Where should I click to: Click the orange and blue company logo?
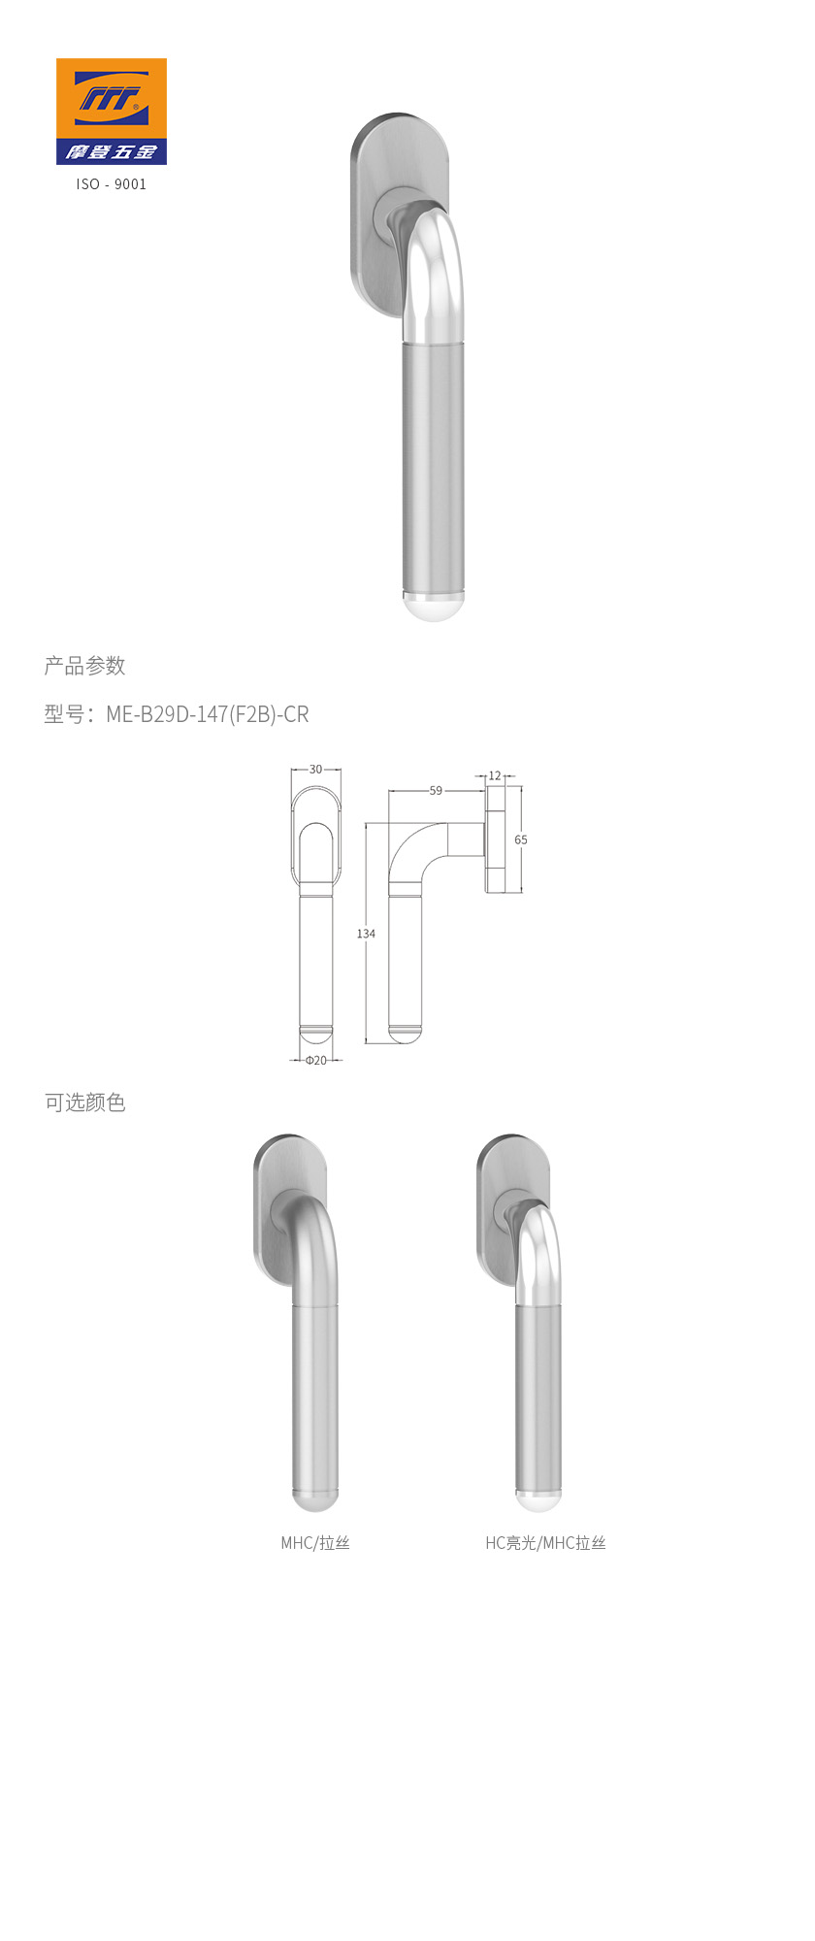[x=111, y=111]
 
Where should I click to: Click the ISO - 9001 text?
[x=112, y=184]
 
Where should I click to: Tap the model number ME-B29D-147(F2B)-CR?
[x=207, y=714]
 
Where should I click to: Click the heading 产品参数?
[x=85, y=666]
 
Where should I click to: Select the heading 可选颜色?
[x=85, y=1102]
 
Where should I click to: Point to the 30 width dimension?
[x=315, y=770]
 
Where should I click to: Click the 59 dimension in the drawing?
[x=436, y=791]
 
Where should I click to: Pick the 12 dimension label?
[x=495, y=776]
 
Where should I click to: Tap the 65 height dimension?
[x=521, y=839]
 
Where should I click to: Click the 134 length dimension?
[x=366, y=934]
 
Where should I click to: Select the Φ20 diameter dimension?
[x=316, y=1060]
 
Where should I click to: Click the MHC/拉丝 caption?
[x=315, y=1543]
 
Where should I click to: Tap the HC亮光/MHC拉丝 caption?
[x=545, y=1543]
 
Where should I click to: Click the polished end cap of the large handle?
[x=433, y=606]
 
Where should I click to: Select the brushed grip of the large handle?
[x=433, y=466]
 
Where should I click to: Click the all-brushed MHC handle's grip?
[x=315, y=1398]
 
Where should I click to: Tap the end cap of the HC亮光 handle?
[x=538, y=1500]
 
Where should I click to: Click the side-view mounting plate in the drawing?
[x=496, y=839]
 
